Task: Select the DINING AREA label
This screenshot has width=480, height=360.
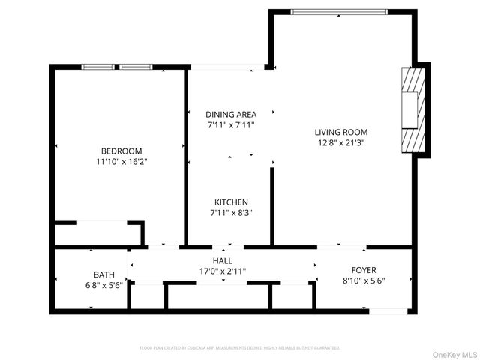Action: pos(231,115)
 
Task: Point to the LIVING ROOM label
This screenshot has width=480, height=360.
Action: pos(340,132)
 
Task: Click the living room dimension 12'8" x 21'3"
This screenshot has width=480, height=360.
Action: pos(340,142)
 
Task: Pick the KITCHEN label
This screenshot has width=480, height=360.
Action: pos(231,202)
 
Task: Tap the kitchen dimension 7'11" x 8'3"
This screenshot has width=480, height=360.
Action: pos(231,213)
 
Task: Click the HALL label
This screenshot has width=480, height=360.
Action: pos(223,260)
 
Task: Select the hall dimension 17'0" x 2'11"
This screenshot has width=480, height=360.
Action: pos(223,271)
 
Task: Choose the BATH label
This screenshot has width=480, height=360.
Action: pos(104,274)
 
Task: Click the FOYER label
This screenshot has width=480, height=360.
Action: pos(364,270)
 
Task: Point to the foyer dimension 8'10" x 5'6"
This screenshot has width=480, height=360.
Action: pos(364,281)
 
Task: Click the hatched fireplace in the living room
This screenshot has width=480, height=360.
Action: pos(413,109)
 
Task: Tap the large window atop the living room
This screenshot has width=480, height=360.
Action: pos(339,11)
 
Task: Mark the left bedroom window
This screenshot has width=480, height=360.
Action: pos(97,67)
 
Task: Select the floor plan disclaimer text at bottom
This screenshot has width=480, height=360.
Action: pos(239,348)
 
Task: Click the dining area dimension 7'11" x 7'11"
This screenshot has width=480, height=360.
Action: pos(231,125)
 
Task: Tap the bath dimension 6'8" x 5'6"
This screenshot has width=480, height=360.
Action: pos(104,286)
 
